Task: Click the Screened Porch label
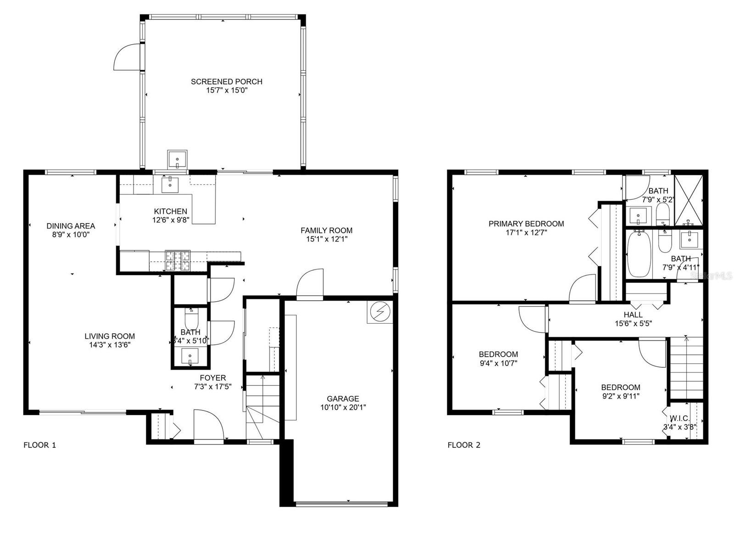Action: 227,82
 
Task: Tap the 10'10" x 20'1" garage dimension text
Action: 343,407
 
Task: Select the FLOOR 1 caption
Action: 39,445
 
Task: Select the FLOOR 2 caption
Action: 464,445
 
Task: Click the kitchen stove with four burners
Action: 178,260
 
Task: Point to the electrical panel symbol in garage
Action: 379,313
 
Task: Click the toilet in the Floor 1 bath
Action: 191,318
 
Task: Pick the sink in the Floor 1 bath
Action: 190,356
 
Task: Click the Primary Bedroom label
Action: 526,224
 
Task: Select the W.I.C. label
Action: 679,418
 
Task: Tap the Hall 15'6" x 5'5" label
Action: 633,319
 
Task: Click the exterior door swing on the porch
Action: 126,57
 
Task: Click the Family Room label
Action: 326,231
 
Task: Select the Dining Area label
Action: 71,226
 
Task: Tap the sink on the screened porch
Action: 177,160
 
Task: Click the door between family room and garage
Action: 310,285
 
